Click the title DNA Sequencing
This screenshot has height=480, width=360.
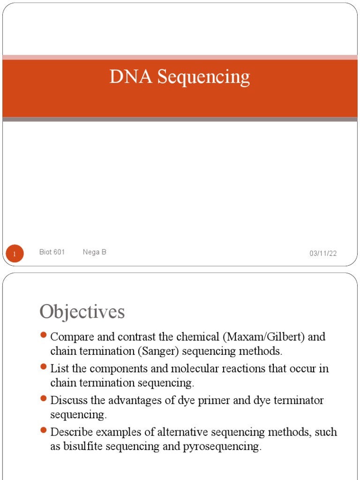[x=180, y=77]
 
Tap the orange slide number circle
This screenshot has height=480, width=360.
[x=15, y=254]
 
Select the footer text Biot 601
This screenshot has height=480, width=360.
[x=52, y=252]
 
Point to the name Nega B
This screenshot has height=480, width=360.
[x=94, y=252]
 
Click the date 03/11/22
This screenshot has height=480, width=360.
[x=323, y=254]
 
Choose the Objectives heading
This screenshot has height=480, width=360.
[x=82, y=312]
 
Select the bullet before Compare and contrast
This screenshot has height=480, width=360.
[x=44, y=335]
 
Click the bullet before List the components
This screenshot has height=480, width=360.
[x=44, y=367]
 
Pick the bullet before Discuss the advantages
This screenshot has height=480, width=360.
[x=44, y=399]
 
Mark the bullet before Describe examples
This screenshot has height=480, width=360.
[x=44, y=430]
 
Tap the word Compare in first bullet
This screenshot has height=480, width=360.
[x=69, y=337]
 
